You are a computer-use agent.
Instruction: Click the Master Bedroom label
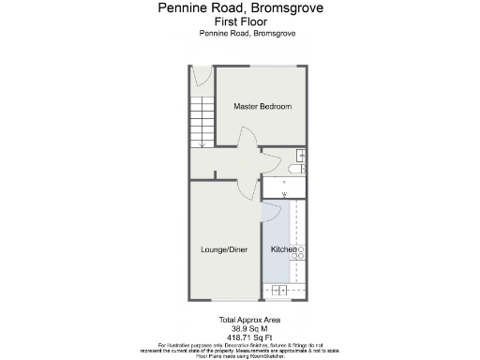(262, 107)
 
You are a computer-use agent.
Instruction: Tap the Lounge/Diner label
(224, 249)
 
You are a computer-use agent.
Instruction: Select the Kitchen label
(284, 249)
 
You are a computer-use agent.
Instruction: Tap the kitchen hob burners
(302, 251)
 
